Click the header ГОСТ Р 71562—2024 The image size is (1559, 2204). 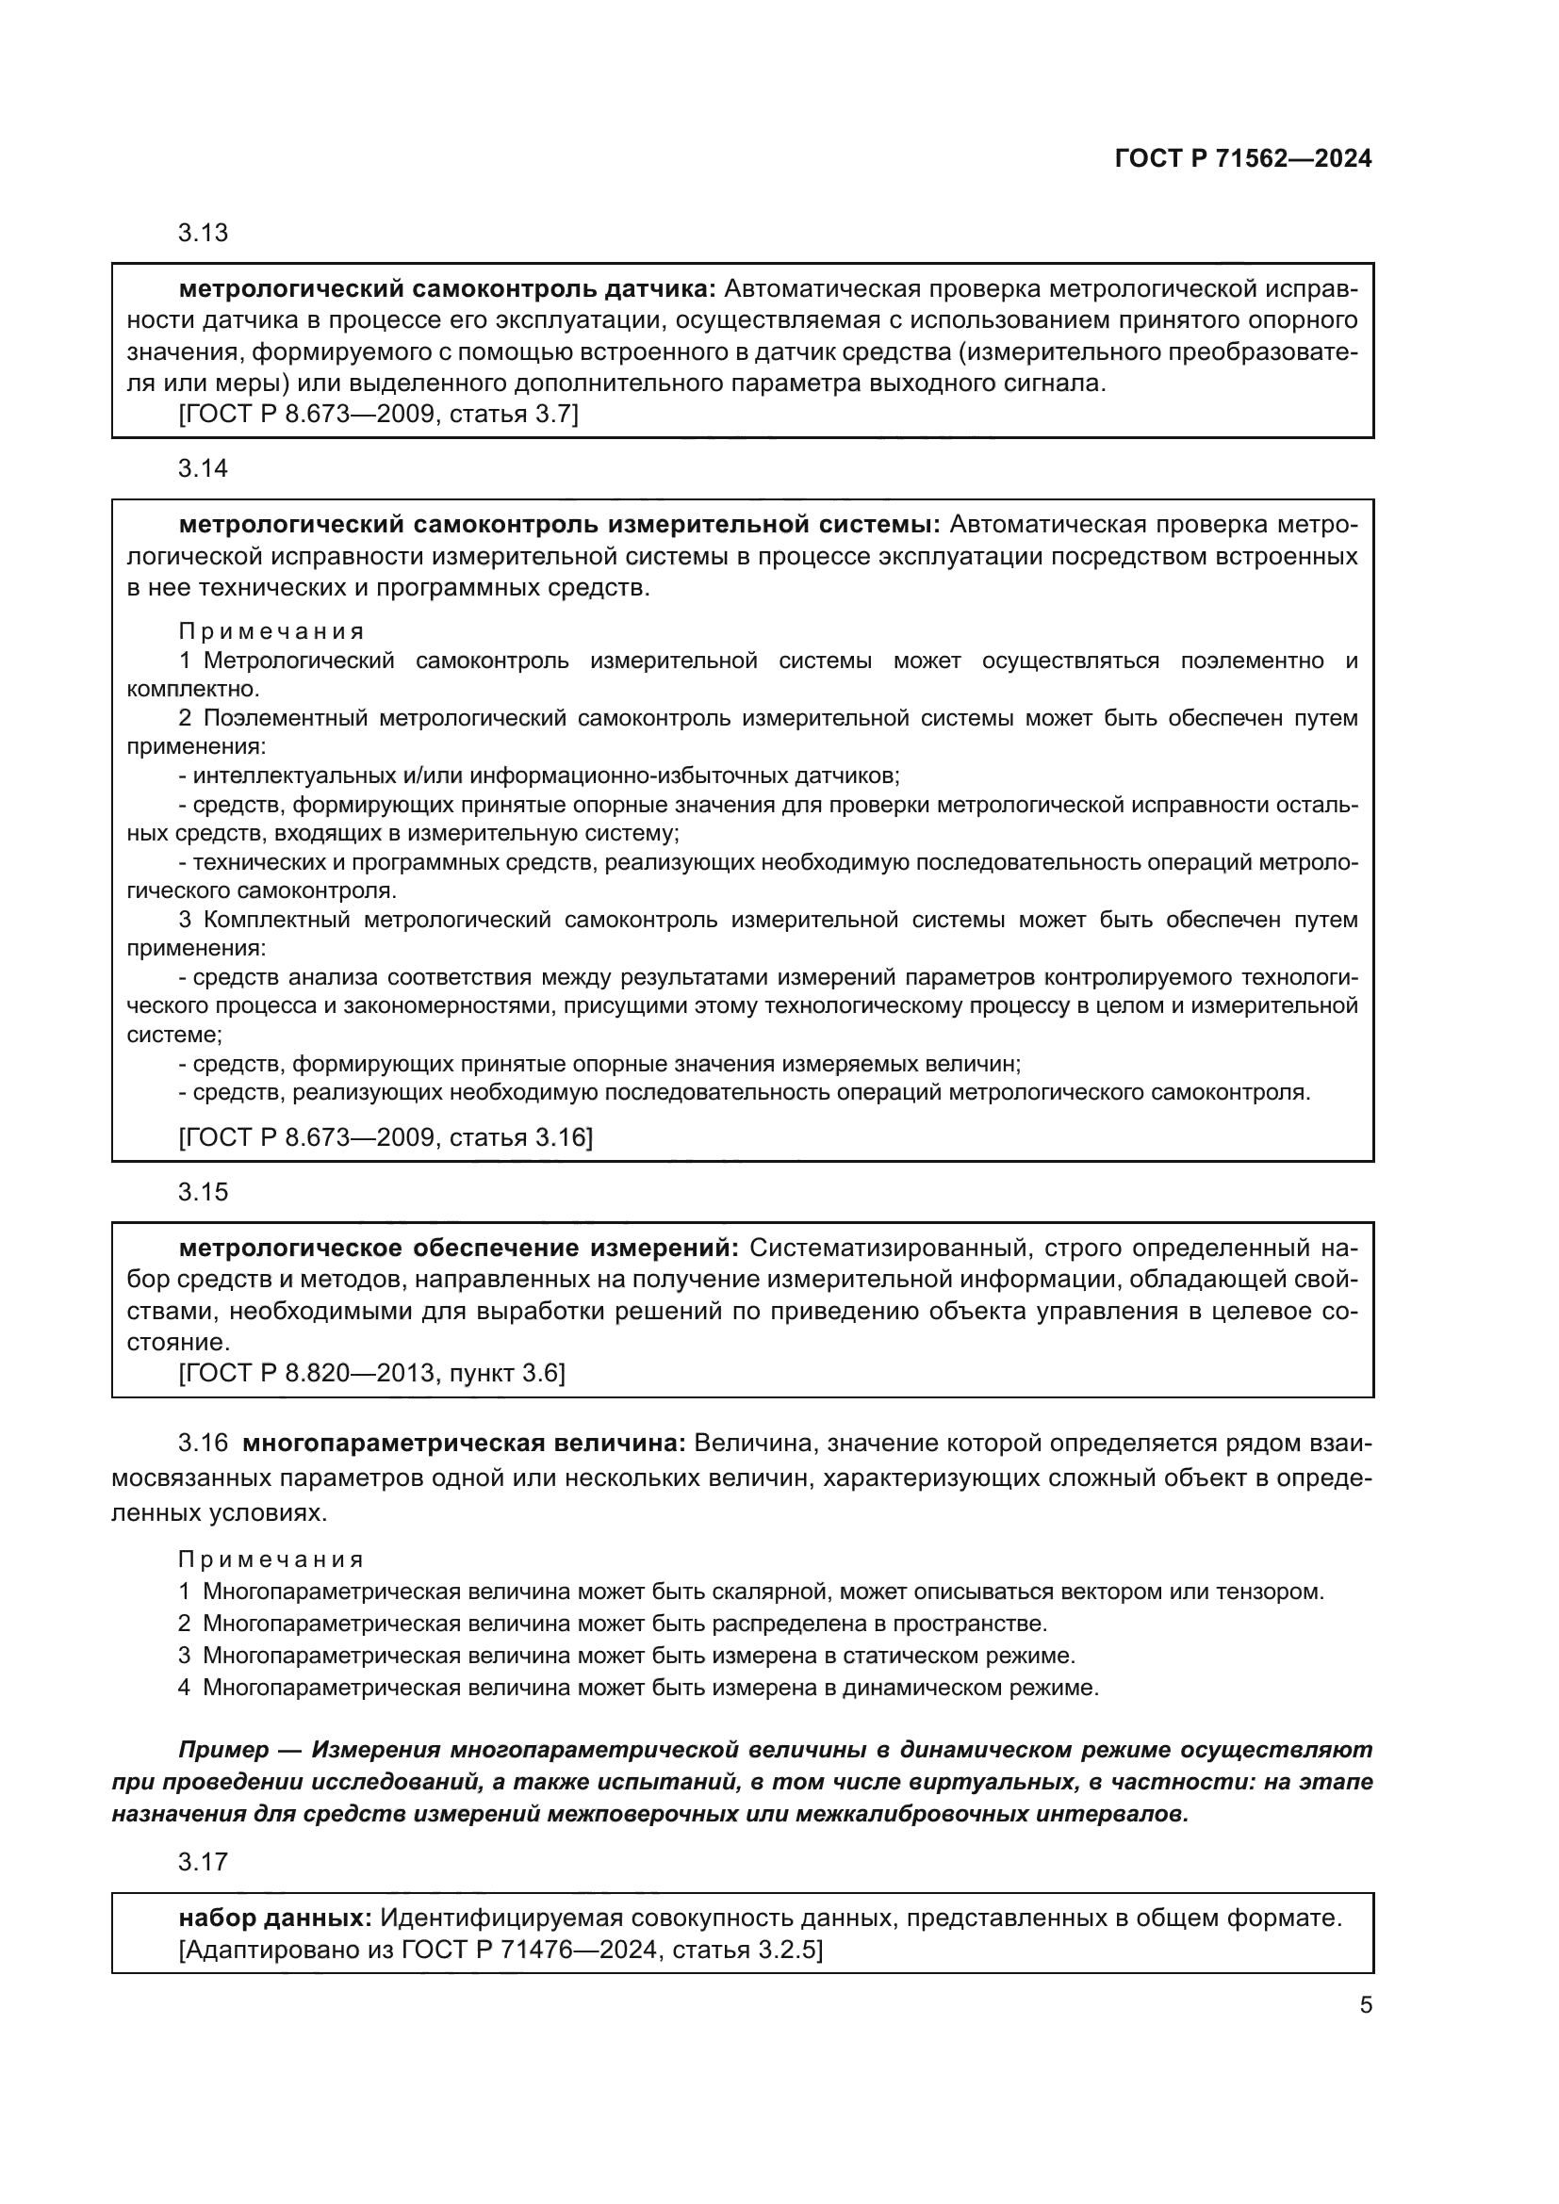[x=1243, y=158]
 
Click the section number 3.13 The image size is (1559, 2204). [x=203, y=233]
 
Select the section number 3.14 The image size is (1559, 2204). [x=203, y=468]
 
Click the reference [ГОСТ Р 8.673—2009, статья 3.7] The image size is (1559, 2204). [x=378, y=415]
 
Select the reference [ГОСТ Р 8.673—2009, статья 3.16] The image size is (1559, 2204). [x=385, y=1137]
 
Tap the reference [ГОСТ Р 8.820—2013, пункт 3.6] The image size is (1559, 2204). [x=371, y=1373]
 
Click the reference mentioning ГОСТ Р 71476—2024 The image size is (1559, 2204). [x=501, y=1950]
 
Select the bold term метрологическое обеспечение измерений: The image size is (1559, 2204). [x=459, y=1248]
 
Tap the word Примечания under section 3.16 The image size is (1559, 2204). [x=271, y=1559]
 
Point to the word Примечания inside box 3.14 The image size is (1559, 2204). [x=271, y=631]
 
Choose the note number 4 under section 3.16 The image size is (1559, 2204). [x=185, y=1687]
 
